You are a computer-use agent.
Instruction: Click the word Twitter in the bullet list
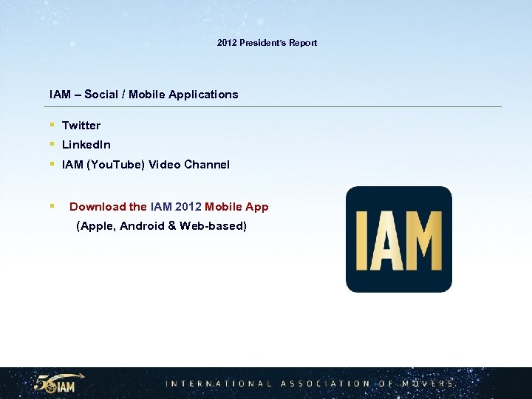(81, 126)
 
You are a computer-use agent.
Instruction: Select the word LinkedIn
(86, 145)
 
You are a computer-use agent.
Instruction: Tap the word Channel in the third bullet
(208, 165)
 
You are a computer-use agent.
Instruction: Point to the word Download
(98, 207)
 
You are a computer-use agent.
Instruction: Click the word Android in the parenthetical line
(142, 226)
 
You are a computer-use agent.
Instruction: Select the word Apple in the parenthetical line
(95, 226)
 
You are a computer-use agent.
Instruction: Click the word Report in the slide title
(303, 43)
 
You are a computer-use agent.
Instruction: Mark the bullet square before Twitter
(52, 126)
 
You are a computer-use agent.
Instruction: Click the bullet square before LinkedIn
(52, 145)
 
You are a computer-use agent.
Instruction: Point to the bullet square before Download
(52, 207)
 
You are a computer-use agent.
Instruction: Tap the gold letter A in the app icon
(389, 240)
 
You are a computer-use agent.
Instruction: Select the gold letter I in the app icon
(362, 240)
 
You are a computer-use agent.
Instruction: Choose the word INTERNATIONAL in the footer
(219, 383)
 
